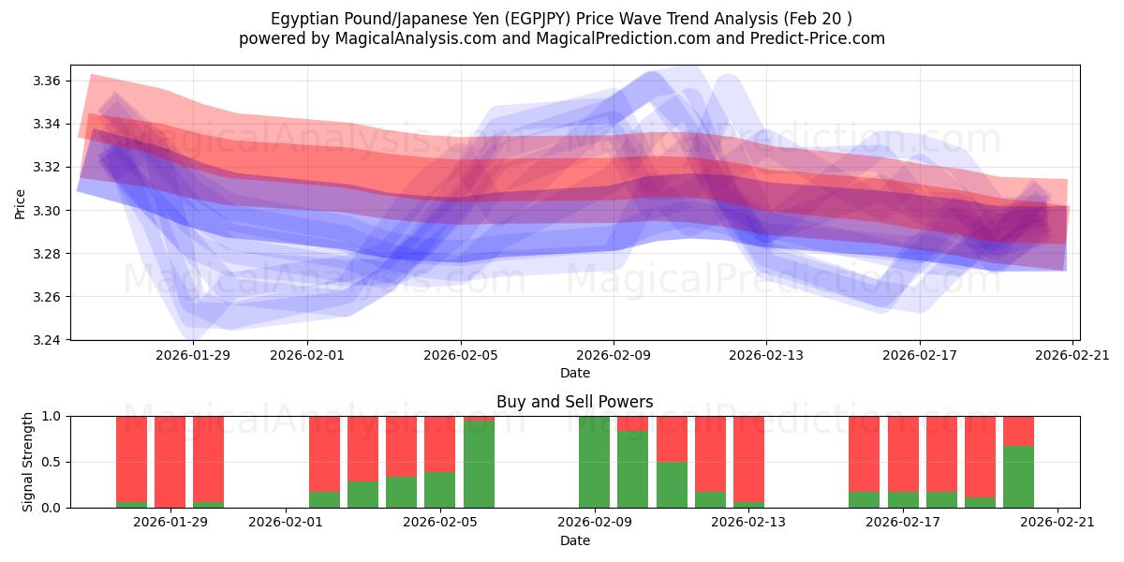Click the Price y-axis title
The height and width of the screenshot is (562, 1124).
point(21,202)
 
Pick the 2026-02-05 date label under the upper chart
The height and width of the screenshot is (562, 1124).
point(460,356)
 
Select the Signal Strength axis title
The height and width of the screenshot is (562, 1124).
point(28,462)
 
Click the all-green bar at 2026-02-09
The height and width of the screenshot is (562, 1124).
point(594,462)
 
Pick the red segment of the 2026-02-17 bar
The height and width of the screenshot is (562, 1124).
point(903,453)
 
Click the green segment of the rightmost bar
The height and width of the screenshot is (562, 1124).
point(1018,477)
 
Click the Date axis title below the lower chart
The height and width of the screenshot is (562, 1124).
point(575,540)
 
